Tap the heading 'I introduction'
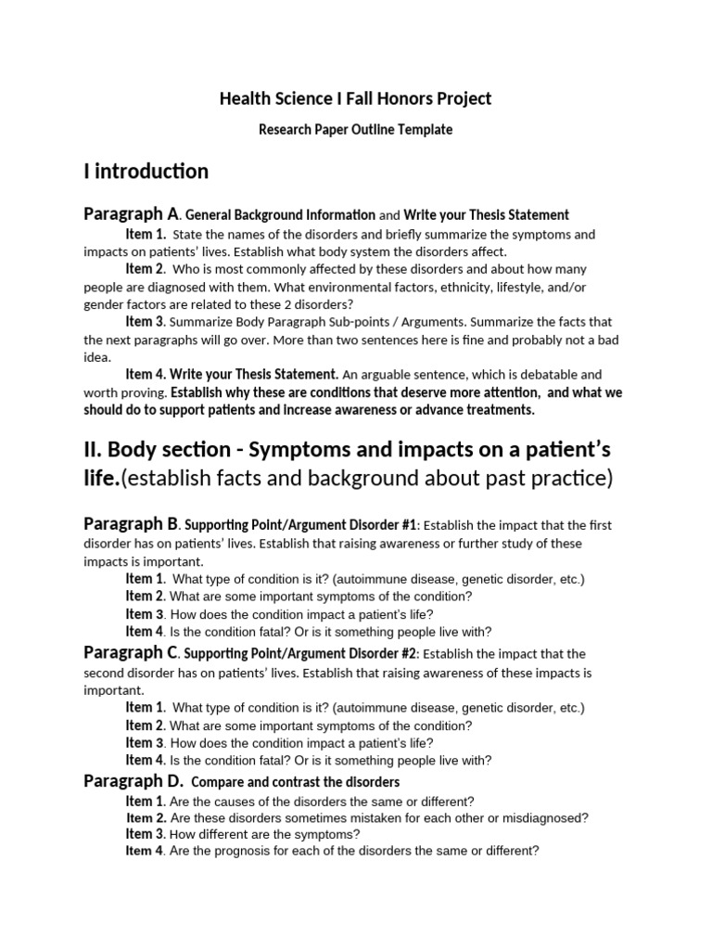click(146, 172)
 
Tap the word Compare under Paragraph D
click(216, 782)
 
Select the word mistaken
click(388, 817)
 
